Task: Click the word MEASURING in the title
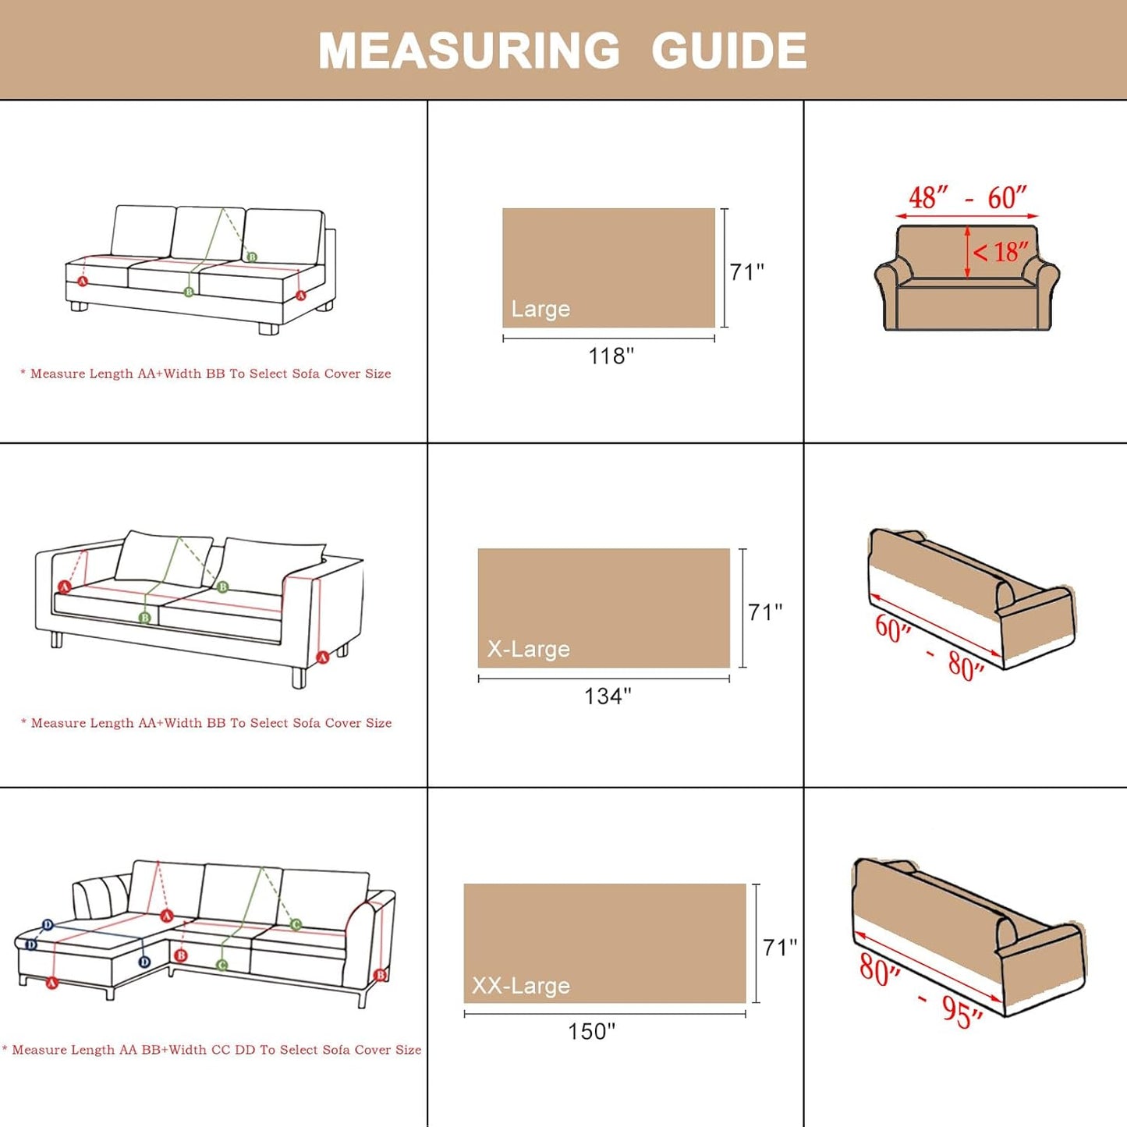(469, 51)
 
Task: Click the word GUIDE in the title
(728, 51)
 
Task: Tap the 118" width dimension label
(611, 356)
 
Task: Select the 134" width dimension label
(608, 696)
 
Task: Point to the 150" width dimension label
(591, 1031)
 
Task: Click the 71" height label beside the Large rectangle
(746, 271)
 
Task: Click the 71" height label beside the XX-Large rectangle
(780, 947)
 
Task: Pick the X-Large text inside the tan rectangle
(528, 649)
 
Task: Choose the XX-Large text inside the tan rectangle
(520, 986)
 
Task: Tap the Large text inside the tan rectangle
(540, 309)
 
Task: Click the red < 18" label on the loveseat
(1000, 252)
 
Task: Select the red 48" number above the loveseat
(928, 197)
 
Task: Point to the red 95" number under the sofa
(962, 1012)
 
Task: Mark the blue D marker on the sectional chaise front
(144, 962)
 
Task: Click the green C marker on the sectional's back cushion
(296, 924)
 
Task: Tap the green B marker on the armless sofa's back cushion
(252, 257)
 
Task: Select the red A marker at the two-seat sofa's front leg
(322, 657)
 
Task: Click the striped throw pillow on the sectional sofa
(101, 897)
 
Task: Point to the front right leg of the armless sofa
(268, 328)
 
